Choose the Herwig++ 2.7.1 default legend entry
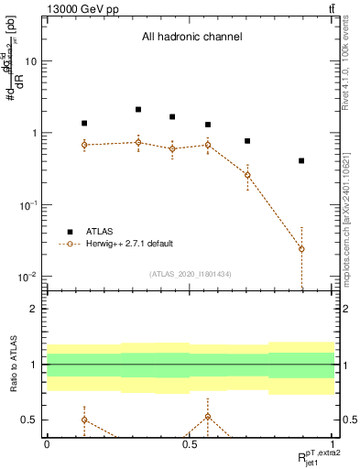(128, 244)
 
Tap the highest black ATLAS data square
(138, 109)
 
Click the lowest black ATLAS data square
(301, 160)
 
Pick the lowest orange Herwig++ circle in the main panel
(301, 249)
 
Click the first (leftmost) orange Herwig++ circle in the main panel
(84, 145)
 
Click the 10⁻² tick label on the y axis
(27, 277)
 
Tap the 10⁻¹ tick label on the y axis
(27, 205)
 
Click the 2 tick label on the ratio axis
(35, 309)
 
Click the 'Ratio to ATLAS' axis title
(14, 365)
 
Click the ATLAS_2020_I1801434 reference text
(189, 274)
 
